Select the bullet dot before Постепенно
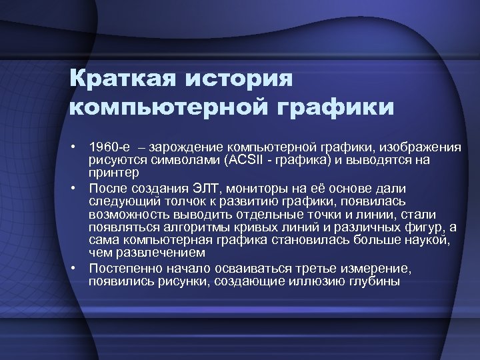tap(78, 268)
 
